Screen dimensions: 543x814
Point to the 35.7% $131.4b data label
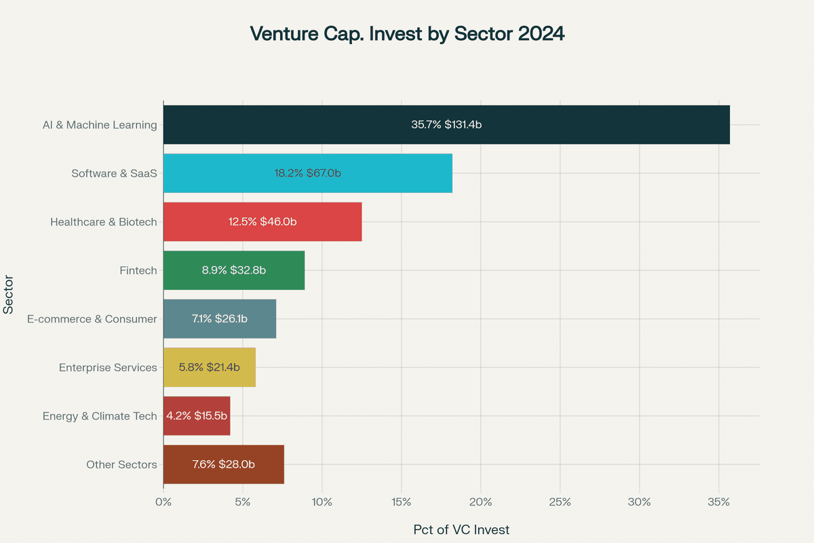tap(446, 124)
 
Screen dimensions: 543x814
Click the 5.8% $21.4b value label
tap(209, 367)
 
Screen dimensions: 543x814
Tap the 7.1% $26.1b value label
tap(219, 319)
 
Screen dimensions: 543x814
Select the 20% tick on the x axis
tap(480, 502)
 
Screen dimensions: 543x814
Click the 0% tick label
tap(163, 502)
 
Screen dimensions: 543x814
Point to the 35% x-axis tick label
tap(718, 502)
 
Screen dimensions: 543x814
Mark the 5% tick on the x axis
tap(243, 502)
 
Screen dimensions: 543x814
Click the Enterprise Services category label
tap(108, 367)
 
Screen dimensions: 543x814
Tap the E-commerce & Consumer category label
tap(92, 319)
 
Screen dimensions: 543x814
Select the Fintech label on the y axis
tap(138, 270)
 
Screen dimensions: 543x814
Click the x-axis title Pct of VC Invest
tap(461, 529)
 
